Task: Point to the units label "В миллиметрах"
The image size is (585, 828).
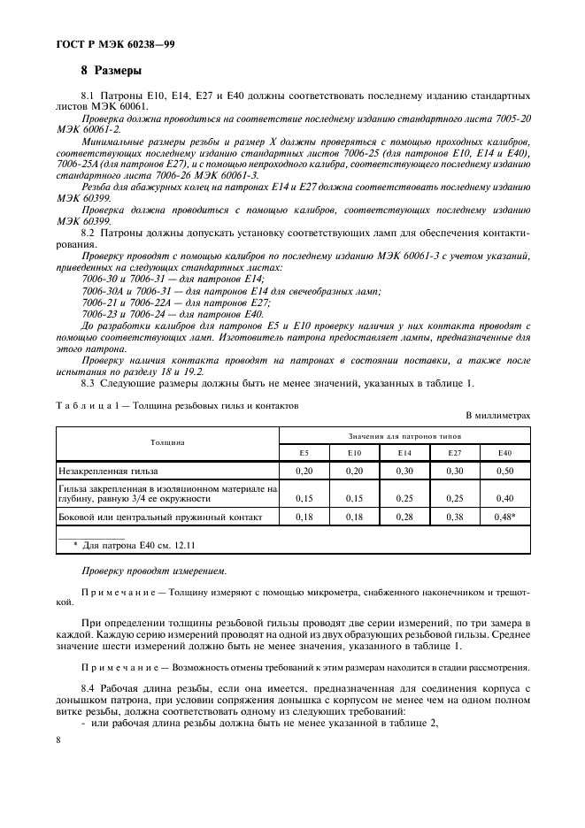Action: click(x=497, y=414)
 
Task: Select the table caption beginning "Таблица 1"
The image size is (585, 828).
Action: click(x=177, y=405)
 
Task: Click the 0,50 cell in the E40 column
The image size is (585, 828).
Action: click(x=504, y=471)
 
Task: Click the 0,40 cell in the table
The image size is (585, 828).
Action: click(x=504, y=497)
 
